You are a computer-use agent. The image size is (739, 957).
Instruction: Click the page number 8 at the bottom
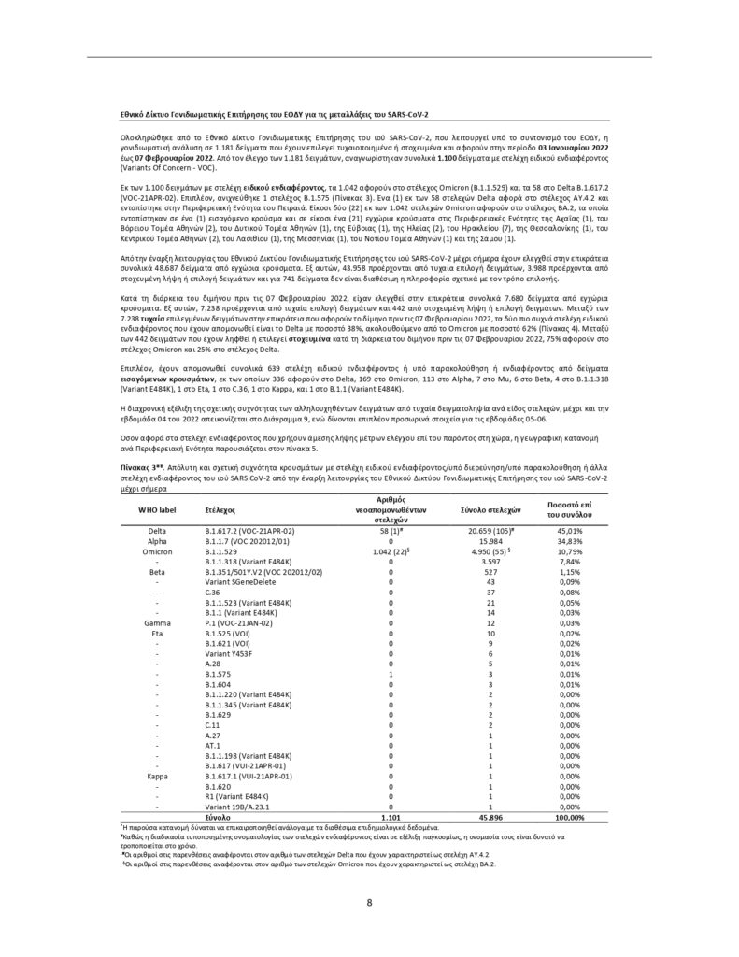[370, 903]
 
